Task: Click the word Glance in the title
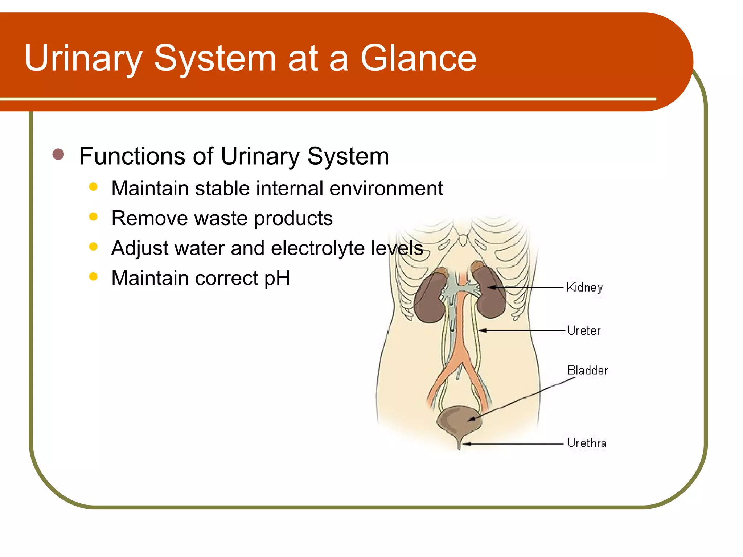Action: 418,58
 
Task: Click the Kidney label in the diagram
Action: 584,287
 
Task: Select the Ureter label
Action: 584,330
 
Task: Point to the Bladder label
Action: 587,370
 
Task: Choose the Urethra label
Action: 587,443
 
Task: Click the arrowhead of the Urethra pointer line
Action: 467,444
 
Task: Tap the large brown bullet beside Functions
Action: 58,154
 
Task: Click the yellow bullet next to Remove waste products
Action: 93,217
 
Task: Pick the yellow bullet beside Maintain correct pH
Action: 93,277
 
